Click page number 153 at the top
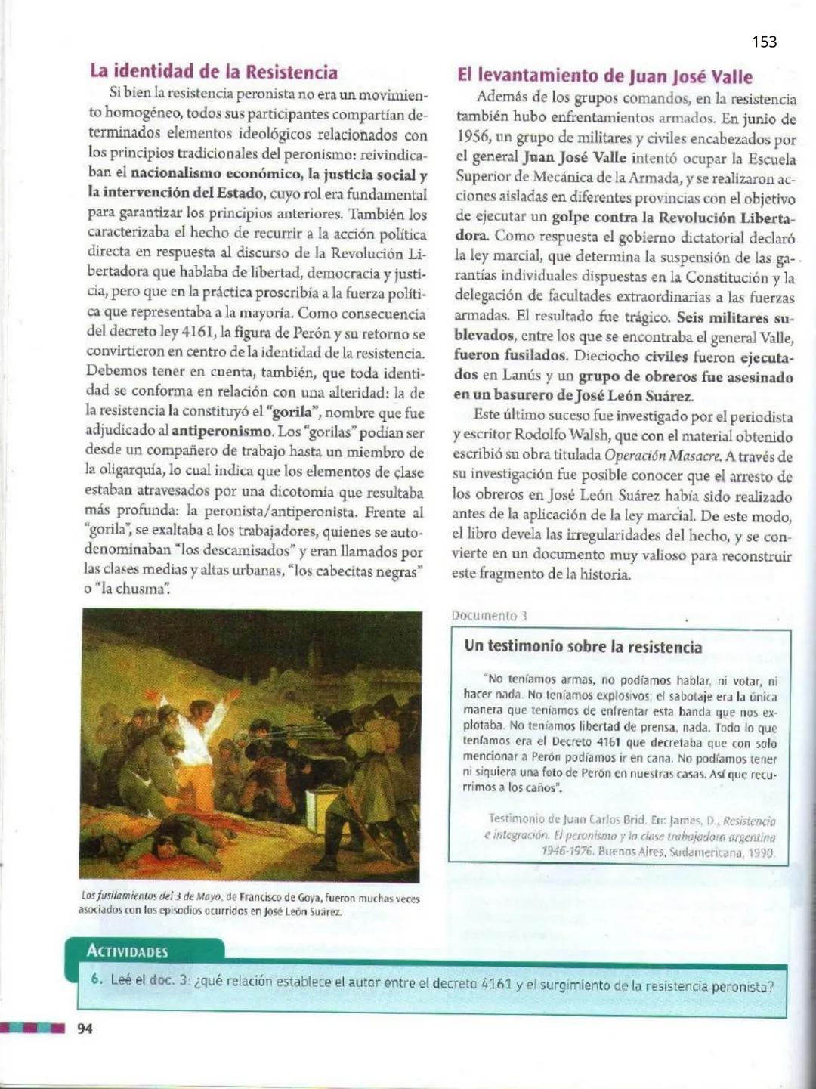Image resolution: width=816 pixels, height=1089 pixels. point(764,42)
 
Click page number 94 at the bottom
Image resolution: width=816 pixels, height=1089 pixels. point(85,1028)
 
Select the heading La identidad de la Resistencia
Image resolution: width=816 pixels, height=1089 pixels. point(214,72)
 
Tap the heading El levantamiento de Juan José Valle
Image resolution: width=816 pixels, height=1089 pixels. point(604,76)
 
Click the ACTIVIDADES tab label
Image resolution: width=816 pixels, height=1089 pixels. point(127,951)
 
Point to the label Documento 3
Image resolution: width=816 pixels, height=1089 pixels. point(489,615)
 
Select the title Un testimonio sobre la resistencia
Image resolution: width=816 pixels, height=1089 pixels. point(583,646)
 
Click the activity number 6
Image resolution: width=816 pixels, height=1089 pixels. point(96,979)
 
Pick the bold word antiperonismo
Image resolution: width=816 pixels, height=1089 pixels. point(221,432)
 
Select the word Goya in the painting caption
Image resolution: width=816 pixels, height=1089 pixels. point(309,898)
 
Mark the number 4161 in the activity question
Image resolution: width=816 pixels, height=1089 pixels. point(496,984)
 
